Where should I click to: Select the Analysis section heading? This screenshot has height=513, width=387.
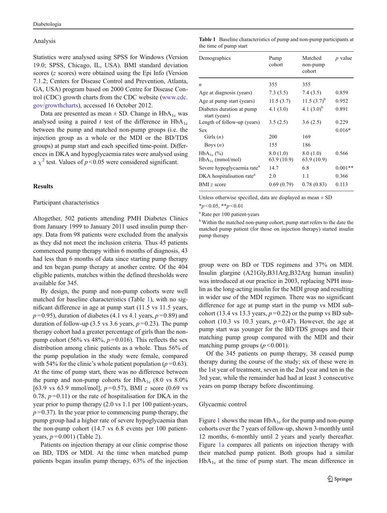pos(25,41)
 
